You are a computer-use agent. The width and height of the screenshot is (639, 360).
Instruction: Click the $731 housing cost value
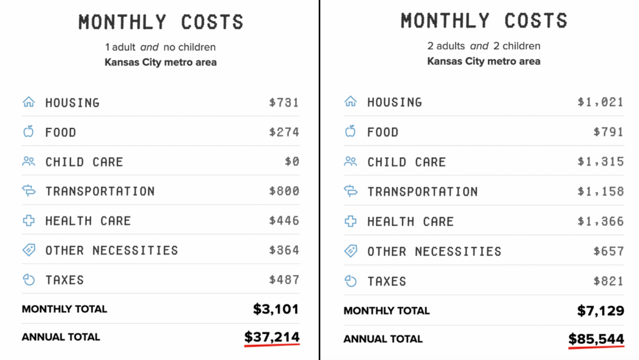tap(284, 103)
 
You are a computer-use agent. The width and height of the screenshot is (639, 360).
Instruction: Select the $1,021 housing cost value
tap(600, 102)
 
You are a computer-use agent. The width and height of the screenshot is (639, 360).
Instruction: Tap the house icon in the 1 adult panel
tap(29, 102)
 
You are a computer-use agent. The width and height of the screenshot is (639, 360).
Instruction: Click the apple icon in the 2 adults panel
tap(351, 132)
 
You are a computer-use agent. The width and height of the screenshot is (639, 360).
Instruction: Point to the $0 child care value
tap(292, 162)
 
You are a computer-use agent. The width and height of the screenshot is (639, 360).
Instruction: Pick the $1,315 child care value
tap(600, 162)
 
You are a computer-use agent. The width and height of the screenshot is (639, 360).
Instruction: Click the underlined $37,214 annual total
tap(271, 337)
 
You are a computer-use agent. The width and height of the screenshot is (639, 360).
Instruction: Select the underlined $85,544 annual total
tap(596, 339)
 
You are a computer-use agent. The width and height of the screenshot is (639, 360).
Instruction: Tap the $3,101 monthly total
tap(276, 308)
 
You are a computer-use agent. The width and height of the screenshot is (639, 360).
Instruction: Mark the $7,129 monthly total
tap(600, 310)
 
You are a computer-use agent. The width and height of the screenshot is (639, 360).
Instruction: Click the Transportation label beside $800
tap(100, 192)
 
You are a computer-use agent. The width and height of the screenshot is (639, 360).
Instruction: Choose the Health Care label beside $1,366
tap(410, 221)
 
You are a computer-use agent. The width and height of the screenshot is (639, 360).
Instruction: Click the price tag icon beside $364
tap(29, 250)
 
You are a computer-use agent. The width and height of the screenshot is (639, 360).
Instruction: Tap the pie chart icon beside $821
tap(351, 281)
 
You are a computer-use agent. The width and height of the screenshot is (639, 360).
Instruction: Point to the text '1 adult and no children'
tap(160, 47)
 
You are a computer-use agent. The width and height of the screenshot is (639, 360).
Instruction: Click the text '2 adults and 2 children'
tap(484, 46)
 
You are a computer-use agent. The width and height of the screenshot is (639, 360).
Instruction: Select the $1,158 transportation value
tap(600, 192)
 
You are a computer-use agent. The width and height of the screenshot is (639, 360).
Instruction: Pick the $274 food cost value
tap(284, 132)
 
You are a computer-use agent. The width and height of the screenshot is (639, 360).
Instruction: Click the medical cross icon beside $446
tap(29, 221)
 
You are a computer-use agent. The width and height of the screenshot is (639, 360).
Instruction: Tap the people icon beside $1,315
tap(351, 162)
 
